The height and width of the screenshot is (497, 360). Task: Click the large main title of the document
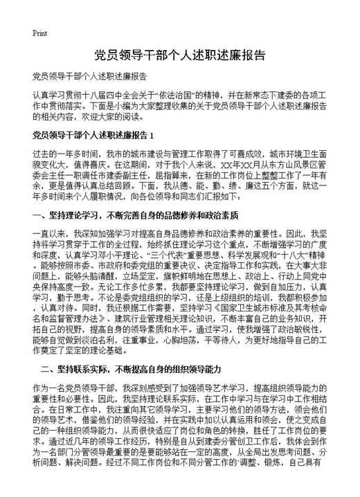[x=179, y=55]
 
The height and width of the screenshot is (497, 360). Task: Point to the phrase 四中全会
[x=115, y=93]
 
